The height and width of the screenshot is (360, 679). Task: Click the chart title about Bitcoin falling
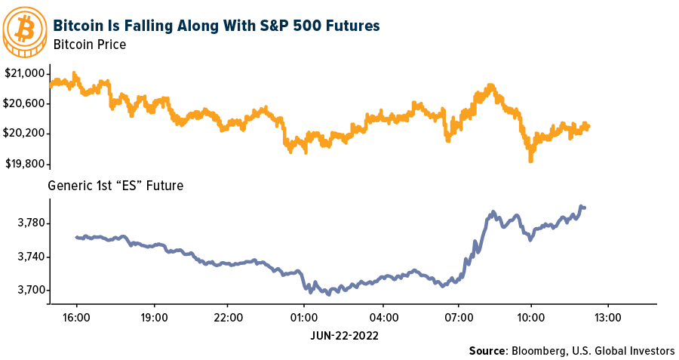point(217,26)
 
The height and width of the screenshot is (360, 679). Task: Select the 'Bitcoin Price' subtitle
point(89,45)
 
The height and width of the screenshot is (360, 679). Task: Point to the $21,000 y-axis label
point(26,72)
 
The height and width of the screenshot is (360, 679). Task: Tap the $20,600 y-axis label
point(26,103)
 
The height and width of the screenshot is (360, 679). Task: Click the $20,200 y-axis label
point(26,134)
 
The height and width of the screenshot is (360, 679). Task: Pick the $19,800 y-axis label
point(26,164)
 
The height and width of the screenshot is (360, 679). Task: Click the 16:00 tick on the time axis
point(78,318)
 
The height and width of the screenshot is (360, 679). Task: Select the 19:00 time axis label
point(153,318)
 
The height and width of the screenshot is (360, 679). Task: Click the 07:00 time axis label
point(455,318)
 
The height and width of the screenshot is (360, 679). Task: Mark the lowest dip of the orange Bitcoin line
point(530,159)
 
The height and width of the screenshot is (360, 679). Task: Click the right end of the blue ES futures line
point(584,207)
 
